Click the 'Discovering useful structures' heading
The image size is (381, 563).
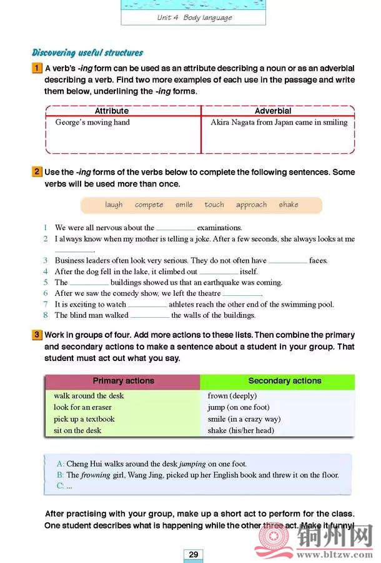[x=87, y=53]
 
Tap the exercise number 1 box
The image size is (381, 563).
[x=37, y=68]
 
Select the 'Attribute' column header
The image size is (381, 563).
[x=111, y=111]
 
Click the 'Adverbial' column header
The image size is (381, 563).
[x=273, y=111]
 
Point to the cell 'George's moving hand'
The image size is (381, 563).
[x=92, y=123]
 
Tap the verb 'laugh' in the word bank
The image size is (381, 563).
[x=114, y=205]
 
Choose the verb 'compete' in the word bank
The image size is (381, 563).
[x=149, y=205]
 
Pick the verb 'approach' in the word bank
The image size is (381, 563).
[x=251, y=205]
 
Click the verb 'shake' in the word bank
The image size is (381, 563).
[x=289, y=205]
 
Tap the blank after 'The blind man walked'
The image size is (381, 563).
[x=149, y=317]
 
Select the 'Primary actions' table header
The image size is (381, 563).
[x=123, y=381]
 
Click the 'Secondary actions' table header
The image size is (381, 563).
[x=284, y=381]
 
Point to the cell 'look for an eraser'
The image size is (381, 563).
[x=82, y=407]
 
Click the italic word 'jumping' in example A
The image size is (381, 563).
[x=193, y=464]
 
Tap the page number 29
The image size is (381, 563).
[x=193, y=554]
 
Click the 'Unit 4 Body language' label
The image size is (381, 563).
[x=194, y=18]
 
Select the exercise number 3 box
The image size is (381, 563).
[x=37, y=335]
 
